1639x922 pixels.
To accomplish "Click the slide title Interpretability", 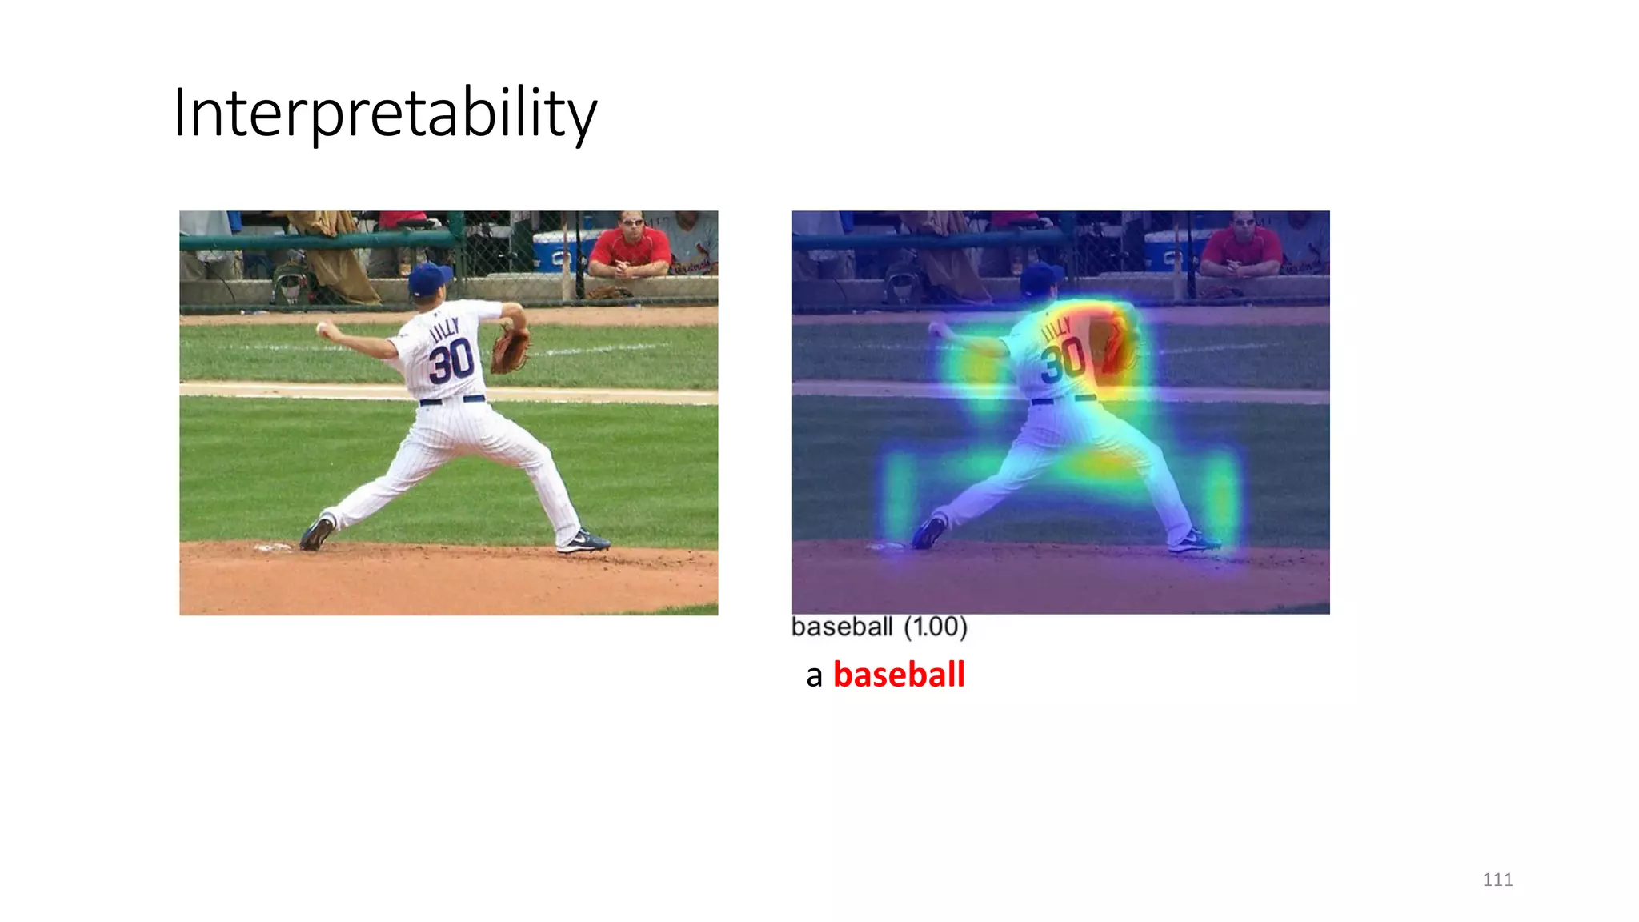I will tap(384, 113).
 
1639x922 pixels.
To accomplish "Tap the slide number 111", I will tap(1497, 880).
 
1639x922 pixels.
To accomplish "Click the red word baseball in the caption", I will tap(899, 675).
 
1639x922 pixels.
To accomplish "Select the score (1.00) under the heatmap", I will tap(936, 627).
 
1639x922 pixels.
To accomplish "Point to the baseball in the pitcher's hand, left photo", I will tap(322, 328).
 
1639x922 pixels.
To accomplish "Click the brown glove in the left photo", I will tap(509, 349).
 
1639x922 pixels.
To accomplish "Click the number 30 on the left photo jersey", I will tap(451, 361).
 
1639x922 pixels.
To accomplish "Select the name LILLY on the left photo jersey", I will tap(445, 329).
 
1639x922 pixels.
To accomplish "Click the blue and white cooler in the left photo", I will tap(560, 251).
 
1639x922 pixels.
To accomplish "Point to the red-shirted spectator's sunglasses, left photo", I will tap(632, 222).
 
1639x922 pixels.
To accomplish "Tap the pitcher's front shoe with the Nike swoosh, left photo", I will tap(584, 542).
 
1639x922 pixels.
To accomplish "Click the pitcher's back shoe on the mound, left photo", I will tap(317, 534).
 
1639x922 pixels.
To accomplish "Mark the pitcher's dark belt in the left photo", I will tap(452, 399).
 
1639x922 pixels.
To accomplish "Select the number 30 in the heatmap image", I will tap(1064, 361).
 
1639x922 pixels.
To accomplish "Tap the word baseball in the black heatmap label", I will tap(842, 627).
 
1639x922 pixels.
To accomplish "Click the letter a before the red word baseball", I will tap(814, 676).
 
